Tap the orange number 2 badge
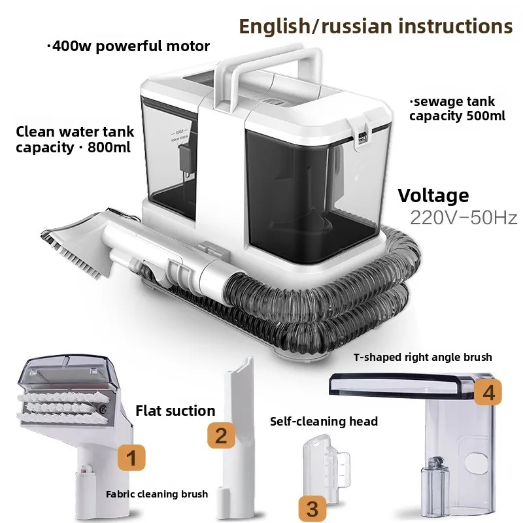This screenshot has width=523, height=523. pos(222,435)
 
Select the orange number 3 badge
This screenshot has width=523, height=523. pos(312,507)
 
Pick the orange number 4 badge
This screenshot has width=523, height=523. pos(488,392)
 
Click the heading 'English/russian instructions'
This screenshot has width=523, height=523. pos(375,26)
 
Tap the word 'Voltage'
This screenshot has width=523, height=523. pos(433,195)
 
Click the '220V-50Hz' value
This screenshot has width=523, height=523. pos(464,218)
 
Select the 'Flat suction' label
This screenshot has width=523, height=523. pos(175,411)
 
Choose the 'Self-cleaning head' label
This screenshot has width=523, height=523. pos(324,422)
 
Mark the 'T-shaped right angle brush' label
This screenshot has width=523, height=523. pos(423,357)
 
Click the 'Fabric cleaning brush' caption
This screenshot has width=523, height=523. pos(157,494)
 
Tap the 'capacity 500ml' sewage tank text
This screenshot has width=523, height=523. pos(452,116)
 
